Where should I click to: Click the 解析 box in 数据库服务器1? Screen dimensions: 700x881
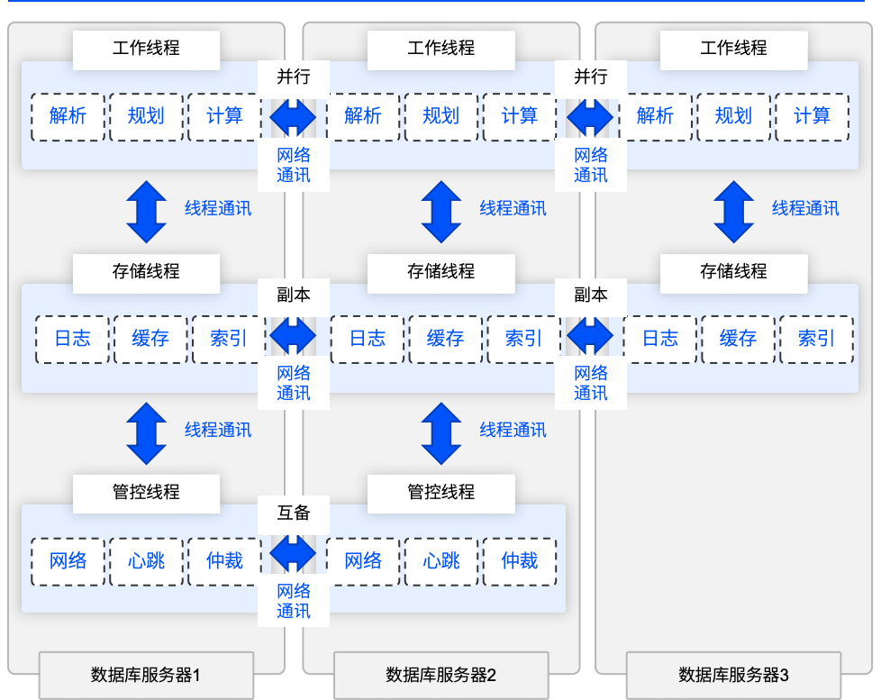click(x=68, y=116)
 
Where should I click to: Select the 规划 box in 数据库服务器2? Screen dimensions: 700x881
click(x=440, y=116)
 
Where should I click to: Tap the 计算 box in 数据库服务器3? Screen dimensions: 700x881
click(x=812, y=116)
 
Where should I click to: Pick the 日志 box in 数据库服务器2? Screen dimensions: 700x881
click(x=367, y=339)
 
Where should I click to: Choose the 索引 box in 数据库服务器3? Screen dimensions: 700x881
click(x=816, y=339)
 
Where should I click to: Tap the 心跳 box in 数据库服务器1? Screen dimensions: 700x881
click(x=146, y=561)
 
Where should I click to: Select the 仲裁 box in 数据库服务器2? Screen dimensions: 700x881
click(x=519, y=561)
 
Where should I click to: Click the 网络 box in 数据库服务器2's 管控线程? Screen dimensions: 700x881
click(x=363, y=561)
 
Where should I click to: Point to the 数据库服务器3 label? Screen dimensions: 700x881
click(x=733, y=675)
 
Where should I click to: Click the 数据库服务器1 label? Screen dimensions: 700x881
click(x=146, y=675)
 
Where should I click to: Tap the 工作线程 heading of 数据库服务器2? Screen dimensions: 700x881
click(x=440, y=49)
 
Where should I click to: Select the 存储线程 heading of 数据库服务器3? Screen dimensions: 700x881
click(x=733, y=271)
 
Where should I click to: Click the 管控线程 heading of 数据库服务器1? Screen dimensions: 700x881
click(x=146, y=492)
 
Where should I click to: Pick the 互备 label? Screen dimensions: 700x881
click(x=294, y=514)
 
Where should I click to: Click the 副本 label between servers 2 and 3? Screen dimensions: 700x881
click(x=591, y=295)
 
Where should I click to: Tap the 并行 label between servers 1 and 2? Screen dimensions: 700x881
click(x=294, y=77)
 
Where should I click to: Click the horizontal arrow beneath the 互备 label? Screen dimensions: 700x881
click(x=294, y=551)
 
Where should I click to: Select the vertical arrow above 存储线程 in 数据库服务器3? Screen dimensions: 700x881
click(x=733, y=212)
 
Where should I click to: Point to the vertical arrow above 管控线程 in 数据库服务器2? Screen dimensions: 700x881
click(x=440, y=433)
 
